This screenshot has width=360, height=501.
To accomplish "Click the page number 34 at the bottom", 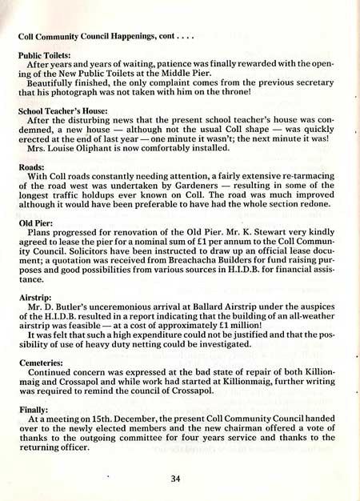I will pyautogui.click(x=177, y=479).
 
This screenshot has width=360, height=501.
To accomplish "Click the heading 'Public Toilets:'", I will pyautogui.click(x=46, y=56).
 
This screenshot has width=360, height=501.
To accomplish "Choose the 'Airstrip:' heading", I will pyautogui.click(x=34, y=295).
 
